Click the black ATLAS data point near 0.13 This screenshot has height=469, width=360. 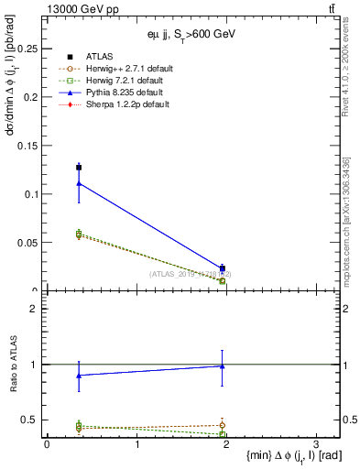tap(79, 167)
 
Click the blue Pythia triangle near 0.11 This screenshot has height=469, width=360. tap(79, 183)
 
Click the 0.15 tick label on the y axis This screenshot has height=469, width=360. tap(30, 145)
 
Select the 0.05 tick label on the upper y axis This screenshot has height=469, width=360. tap(30, 243)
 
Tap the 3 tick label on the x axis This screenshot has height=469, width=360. tap(315, 444)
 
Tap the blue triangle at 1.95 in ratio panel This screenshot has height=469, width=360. tap(222, 365)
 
